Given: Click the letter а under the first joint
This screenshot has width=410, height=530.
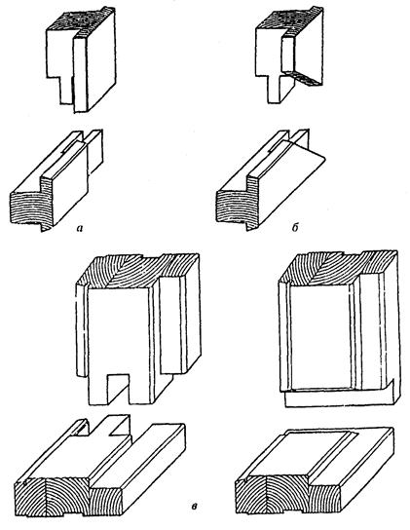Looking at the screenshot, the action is pyautogui.click(x=80, y=229).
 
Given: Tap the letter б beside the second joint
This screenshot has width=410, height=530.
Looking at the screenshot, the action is pyautogui.click(x=295, y=228).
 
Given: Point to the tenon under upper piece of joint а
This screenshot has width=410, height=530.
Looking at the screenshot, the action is pyautogui.click(x=66, y=90).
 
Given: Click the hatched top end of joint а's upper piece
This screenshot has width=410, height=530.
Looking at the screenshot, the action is pyautogui.click(x=81, y=20).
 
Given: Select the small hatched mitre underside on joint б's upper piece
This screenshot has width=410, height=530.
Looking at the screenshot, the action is pyautogui.click(x=302, y=77).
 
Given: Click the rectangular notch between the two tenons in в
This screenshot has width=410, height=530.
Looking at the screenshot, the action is pyautogui.click(x=118, y=388).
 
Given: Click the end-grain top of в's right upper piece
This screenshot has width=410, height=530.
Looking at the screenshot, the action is pyautogui.click(x=338, y=268).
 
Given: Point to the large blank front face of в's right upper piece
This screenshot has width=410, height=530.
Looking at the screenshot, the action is pyautogui.click(x=318, y=334).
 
